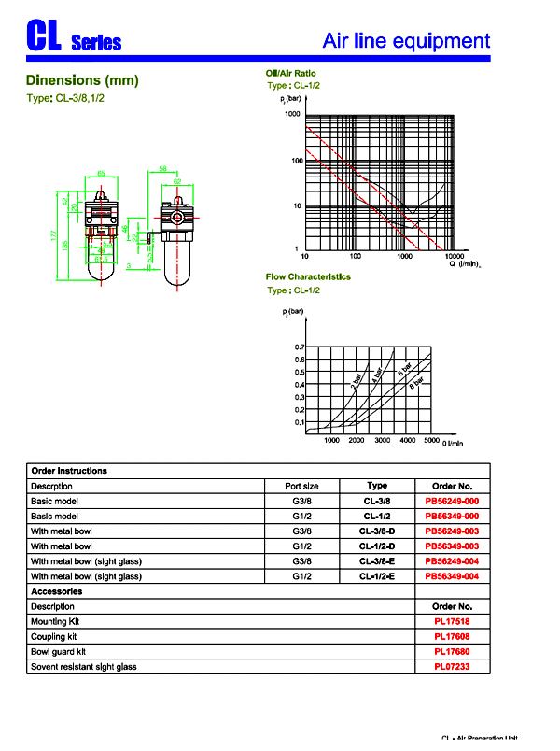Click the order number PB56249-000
pos(452,502)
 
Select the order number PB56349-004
pos(452,576)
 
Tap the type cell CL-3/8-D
pos(377,531)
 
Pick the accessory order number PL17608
pos(452,636)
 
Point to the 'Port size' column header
pos(301,486)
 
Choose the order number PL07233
pos(452,666)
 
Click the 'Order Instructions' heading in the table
pos(69,471)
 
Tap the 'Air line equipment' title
pos(405,40)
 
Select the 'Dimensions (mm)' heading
pos(82,80)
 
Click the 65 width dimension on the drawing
pos(101,174)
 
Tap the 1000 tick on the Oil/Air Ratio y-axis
pos(292,114)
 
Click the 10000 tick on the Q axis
pos(455,255)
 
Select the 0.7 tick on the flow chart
pos(300,347)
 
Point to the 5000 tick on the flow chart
pos(431,439)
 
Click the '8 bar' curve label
pos(416,381)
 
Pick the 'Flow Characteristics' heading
pos(308,276)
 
